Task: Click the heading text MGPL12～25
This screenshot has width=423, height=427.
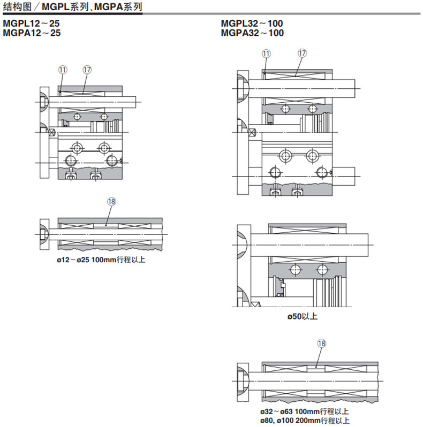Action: point(31,24)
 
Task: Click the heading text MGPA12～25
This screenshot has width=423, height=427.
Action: point(32,33)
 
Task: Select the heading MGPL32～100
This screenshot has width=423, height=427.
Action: point(252,24)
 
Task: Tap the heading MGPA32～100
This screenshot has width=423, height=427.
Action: point(252,33)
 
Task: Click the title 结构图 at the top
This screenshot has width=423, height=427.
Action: point(18,7)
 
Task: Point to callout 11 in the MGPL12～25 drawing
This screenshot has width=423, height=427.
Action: point(63,70)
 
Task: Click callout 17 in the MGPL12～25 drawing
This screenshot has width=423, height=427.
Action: point(87,70)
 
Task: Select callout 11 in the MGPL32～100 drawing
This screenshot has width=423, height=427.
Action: point(266,54)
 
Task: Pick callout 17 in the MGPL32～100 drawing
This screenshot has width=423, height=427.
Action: point(302,53)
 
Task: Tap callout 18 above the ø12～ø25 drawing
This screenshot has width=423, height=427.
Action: point(111,202)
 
